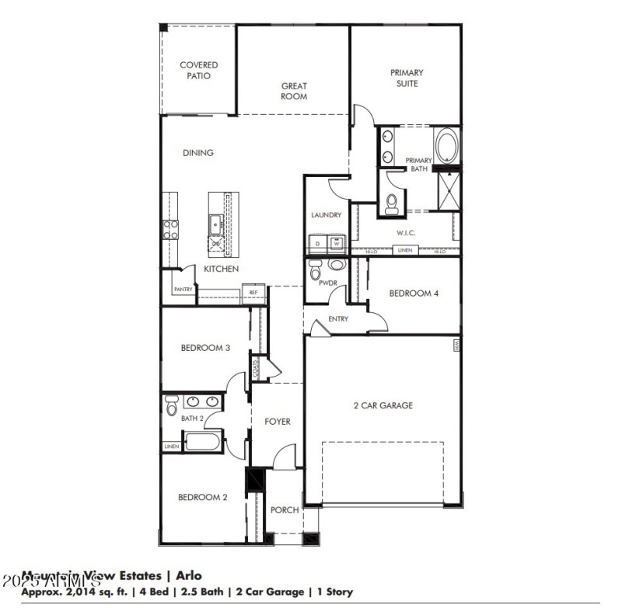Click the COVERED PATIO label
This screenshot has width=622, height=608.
coord(199,71)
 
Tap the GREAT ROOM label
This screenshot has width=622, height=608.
coord(294,92)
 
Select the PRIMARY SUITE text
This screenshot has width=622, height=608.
coord(407,78)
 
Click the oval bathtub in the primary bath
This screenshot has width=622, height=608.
coord(446,147)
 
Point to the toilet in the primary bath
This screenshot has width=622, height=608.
coord(392,203)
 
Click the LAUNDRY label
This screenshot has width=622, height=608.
coord(327,215)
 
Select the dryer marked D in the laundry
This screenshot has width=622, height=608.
coord(317,243)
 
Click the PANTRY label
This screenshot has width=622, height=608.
coord(183,290)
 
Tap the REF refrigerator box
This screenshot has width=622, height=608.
coord(253,293)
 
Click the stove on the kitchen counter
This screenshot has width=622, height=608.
coord(169,229)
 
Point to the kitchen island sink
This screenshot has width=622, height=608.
coord(215,226)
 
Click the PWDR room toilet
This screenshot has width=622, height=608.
coord(315,272)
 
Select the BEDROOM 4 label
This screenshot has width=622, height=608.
coord(414,294)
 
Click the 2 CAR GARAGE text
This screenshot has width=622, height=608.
coord(383,405)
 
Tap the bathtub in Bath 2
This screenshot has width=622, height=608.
coord(204,443)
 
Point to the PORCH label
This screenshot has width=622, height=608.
coord(285,510)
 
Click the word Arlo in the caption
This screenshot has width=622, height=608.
coord(188,575)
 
